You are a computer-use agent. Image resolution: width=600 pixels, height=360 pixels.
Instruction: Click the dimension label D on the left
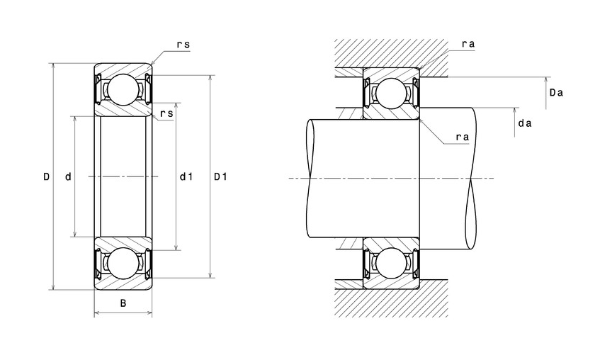coord(45,176)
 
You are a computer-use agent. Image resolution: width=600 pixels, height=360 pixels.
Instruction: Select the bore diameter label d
coord(68,176)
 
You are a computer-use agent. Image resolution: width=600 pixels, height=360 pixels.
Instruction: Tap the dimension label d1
coord(186,176)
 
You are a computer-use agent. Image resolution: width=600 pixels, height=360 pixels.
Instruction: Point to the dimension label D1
coord(220,176)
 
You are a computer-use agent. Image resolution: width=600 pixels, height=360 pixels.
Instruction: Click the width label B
coord(123,304)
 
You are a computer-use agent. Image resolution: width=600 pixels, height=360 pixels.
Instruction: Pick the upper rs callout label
coord(183,44)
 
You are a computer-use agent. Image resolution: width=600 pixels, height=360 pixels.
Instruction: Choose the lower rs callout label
coord(167,113)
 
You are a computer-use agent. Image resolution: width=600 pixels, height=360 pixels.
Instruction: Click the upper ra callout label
coord(468,44)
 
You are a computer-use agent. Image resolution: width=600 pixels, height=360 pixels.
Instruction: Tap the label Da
coord(556,92)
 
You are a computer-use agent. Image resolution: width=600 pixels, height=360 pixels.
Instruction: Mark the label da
coord(525,123)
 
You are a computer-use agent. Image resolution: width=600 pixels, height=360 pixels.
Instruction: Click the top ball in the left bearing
coord(123,89)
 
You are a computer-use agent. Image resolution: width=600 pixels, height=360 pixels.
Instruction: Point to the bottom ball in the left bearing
coord(123,263)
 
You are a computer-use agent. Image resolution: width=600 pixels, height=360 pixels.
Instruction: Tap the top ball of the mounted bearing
coord(390,92)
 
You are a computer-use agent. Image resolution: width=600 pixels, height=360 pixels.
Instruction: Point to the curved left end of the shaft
coord(309,177)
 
